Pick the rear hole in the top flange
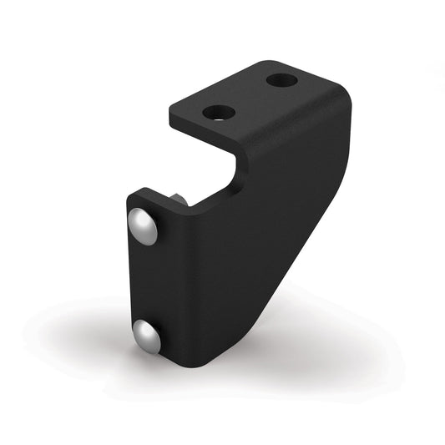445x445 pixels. [x=283, y=81]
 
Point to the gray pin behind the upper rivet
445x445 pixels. [x=180, y=200]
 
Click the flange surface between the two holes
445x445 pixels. [x=251, y=96]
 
